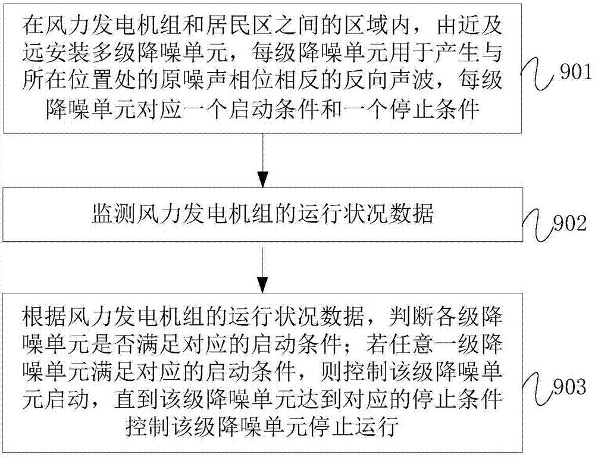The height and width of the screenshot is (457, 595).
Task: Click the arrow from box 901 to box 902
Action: [262, 161]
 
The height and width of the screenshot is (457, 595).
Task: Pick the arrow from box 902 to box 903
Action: [262, 268]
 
